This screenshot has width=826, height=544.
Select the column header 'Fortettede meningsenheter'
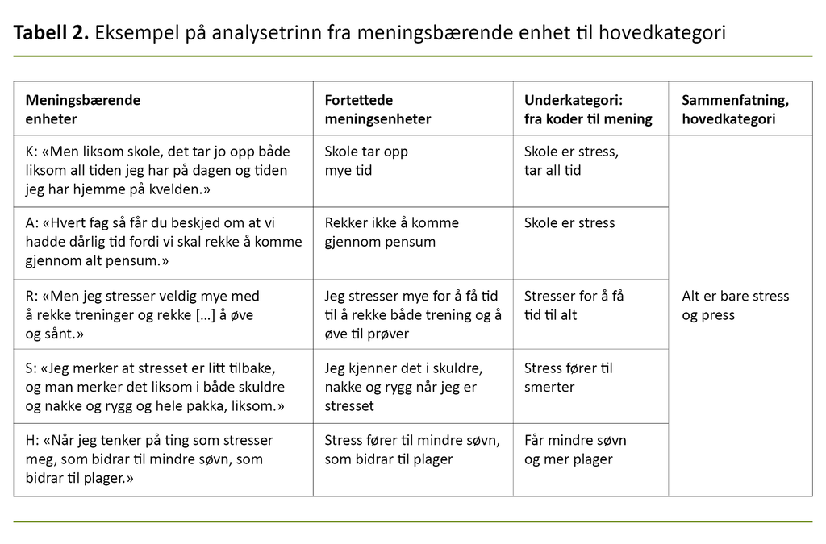pyautogui.click(x=378, y=110)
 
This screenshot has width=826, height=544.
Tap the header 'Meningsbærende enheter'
pyautogui.click(x=83, y=110)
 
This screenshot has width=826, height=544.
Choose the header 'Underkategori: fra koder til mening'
pyautogui.click(x=587, y=110)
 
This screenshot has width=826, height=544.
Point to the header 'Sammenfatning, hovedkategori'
pyautogui.click(x=735, y=110)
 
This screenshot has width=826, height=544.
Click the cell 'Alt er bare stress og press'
pyautogui.click(x=735, y=305)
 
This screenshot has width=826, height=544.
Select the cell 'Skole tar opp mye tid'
pyautogui.click(x=366, y=161)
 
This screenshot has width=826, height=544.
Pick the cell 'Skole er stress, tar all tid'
pyautogui.click(x=571, y=161)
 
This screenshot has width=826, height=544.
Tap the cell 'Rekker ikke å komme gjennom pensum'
pyautogui.click(x=391, y=232)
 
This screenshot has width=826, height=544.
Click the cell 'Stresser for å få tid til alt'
pyautogui.click(x=574, y=305)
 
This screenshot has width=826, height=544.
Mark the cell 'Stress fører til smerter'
pyautogui.click(x=568, y=377)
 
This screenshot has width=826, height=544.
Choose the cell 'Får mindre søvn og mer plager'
pyautogui.click(x=574, y=450)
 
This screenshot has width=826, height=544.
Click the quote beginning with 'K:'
pyautogui.click(x=157, y=171)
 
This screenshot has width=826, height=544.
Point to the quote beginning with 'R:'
pyautogui.click(x=142, y=314)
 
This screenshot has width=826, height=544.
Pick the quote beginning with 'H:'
pyautogui.click(x=149, y=459)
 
